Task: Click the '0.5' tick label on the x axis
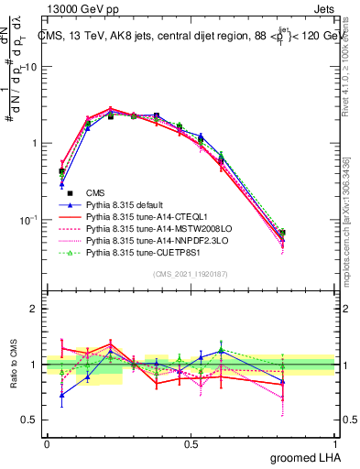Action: point(191,443)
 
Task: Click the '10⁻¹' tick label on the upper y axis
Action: point(29,220)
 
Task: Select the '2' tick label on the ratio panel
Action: point(35,309)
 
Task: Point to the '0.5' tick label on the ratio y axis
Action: point(31,420)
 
